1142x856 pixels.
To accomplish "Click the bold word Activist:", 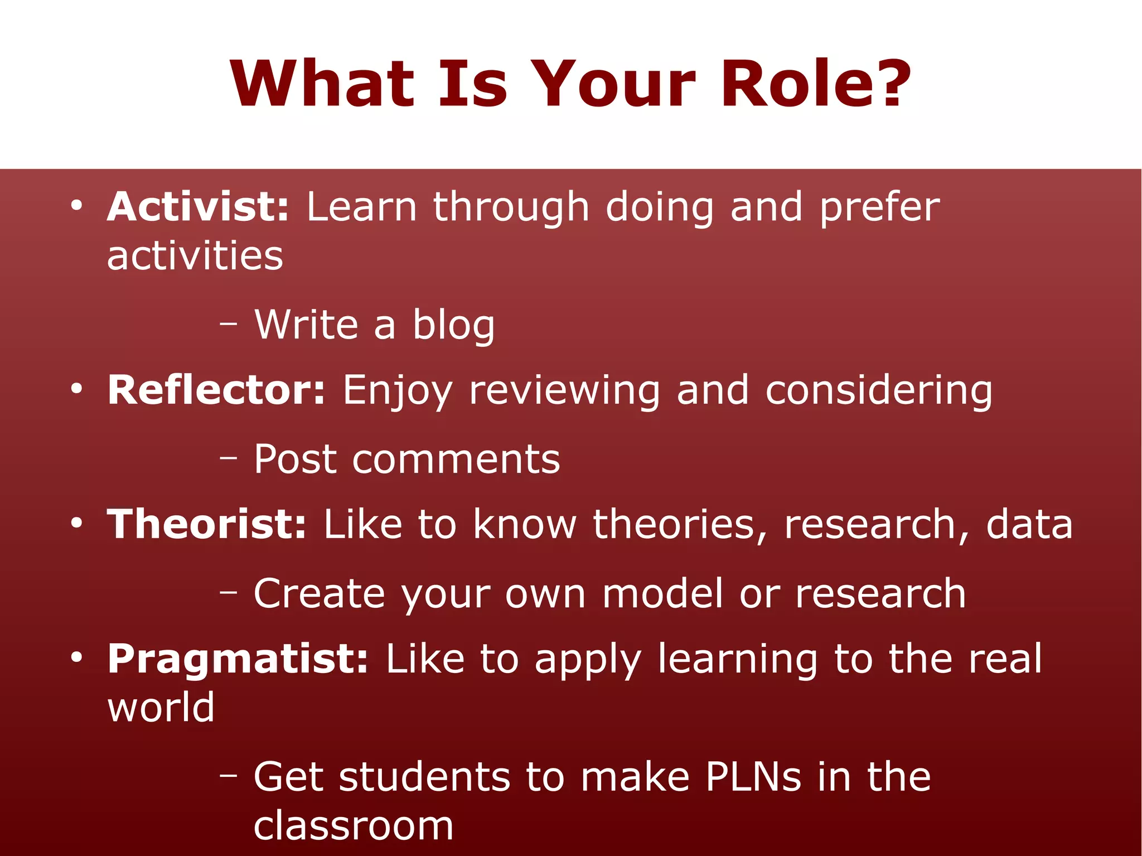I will (x=198, y=207).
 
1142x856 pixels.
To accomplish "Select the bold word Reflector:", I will (x=216, y=390).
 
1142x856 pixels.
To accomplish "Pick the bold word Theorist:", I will (x=206, y=524).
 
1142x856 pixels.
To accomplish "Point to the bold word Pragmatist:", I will (x=238, y=659).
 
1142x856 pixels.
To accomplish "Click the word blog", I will (x=453, y=325).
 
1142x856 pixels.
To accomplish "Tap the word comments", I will (x=456, y=460).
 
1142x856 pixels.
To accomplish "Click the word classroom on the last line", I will (x=354, y=826).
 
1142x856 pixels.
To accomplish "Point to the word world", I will (x=161, y=708).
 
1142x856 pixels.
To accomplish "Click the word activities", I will (x=195, y=256).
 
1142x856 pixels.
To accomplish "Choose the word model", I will (x=663, y=594).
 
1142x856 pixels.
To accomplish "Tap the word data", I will (x=1029, y=524).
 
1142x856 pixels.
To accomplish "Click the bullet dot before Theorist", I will (x=76, y=524).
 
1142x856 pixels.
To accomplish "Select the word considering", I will (x=879, y=390).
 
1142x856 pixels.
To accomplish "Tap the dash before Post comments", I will (x=228, y=457).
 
